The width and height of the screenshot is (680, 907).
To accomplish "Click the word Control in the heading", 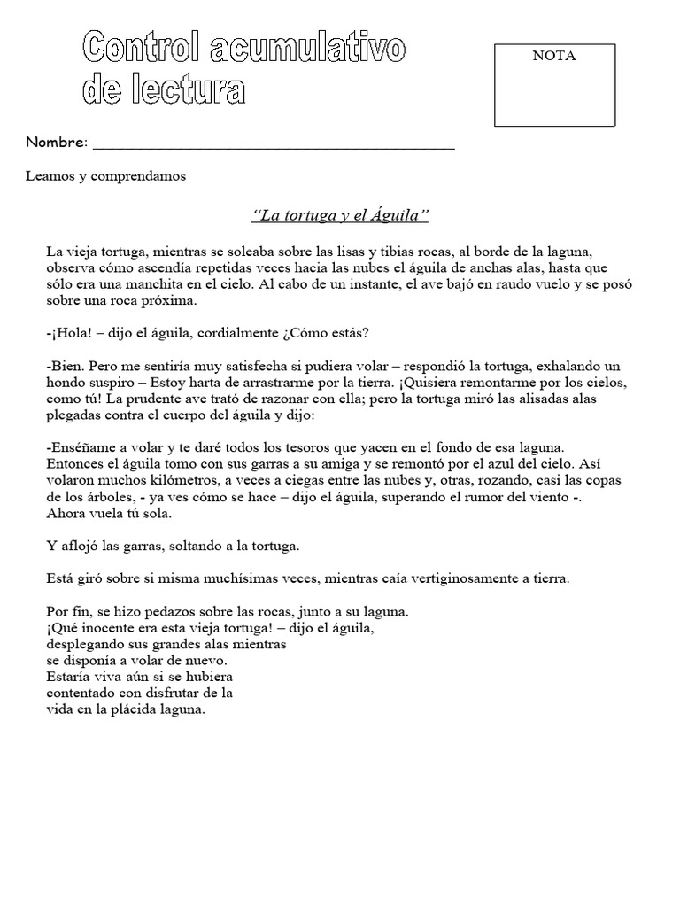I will coord(143,48).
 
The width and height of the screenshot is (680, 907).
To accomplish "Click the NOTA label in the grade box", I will coord(553,56).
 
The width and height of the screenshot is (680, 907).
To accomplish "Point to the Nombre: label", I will coord(57,143).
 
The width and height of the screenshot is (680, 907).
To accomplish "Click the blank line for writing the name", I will coord(274,144).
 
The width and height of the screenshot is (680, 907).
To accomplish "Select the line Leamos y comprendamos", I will coord(105,176).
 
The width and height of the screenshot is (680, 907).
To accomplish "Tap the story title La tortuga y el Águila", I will coord(340,215).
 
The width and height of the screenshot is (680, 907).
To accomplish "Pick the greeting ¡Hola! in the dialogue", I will coord(69,333).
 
